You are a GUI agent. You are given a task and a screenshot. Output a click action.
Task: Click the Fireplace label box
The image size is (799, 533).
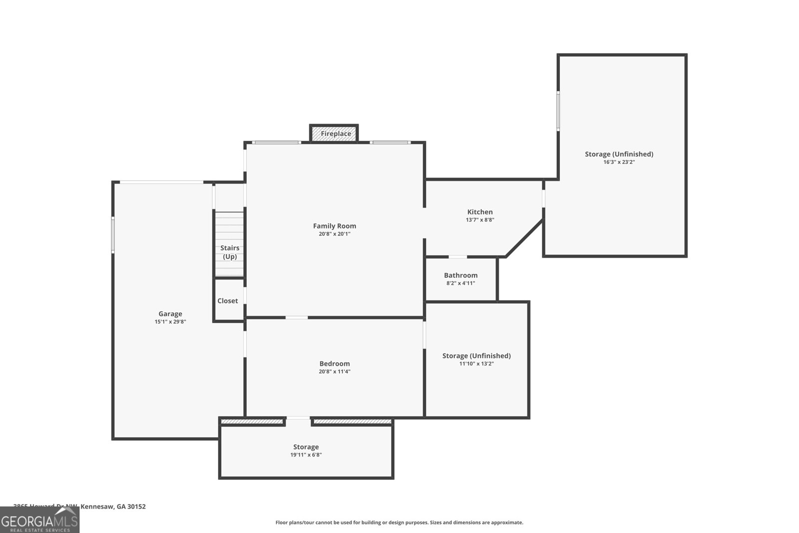click(x=334, y=133)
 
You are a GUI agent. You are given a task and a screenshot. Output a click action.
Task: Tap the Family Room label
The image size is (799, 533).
click(x=335, y=226)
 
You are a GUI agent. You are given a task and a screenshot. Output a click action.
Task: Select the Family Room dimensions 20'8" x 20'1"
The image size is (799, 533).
click(x=335, y=234)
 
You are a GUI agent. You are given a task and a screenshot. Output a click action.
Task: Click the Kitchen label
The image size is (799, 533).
click(x=480, y=212)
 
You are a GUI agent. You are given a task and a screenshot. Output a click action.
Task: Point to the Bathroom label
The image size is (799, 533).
click(x=460, y=275)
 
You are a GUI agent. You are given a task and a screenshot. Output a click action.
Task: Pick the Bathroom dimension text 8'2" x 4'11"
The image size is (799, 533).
click(x=460, y=283)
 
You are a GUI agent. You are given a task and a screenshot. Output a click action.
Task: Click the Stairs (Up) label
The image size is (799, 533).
click(x=230, y=252)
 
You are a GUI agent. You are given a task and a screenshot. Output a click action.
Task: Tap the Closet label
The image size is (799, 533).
click(x=228, y=301)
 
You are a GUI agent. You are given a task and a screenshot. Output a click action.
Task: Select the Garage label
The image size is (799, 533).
click(x=170, y=314)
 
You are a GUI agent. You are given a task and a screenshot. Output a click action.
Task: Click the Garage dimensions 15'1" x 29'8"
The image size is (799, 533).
click(x=170, y=322)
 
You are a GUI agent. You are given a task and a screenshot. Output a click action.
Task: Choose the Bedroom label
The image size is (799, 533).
click(x=335, y=363)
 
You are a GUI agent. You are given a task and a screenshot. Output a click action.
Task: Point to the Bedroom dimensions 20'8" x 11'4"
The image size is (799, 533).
click(x=335, y=371)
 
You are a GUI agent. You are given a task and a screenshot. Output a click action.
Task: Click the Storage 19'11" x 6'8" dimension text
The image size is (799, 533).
click(x=306, y=455)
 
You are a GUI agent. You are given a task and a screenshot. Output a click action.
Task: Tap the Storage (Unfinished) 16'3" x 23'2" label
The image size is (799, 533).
click(x=619, y=154)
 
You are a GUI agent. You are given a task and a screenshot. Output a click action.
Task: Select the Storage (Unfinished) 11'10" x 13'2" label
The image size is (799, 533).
click(x=476, y=356)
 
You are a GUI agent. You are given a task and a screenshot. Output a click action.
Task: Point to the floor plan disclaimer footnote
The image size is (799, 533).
click(x=399, y=522)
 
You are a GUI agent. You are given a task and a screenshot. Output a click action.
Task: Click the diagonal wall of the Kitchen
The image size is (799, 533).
click(x=524, y=238)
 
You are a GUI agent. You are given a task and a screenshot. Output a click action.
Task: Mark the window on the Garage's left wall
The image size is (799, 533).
click(x=113, y=234)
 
